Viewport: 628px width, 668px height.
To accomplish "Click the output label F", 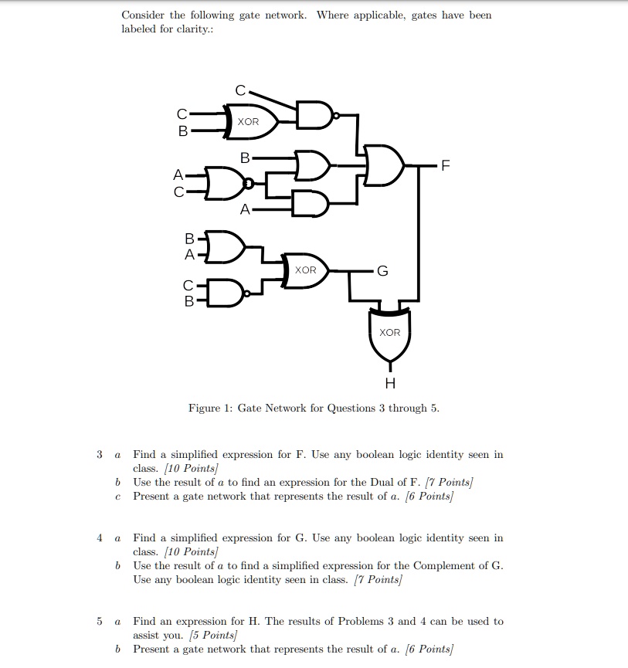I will point(443,165).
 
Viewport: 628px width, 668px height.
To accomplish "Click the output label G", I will point(382,270).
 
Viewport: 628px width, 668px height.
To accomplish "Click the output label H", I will point(389,383).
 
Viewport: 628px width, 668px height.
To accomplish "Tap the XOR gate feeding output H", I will point(389,332).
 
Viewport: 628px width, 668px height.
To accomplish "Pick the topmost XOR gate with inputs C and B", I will point(249,122).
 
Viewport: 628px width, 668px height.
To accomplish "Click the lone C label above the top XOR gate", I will point(240,91).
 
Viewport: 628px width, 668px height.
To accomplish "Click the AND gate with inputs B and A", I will point(226,245).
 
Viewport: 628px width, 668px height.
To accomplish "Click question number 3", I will point(100,455).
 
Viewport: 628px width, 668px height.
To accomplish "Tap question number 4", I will point(100,537).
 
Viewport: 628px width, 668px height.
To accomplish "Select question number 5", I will point(100,621).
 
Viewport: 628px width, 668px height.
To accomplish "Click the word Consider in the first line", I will point(143,15).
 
